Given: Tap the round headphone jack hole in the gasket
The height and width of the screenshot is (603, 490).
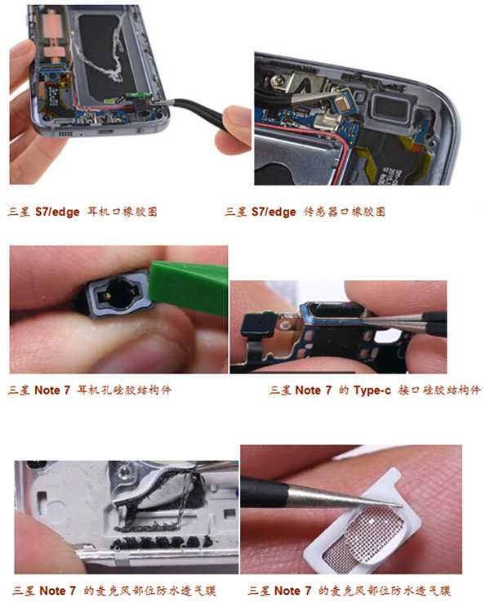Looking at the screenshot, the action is pyautogui.click(x=119, y=293).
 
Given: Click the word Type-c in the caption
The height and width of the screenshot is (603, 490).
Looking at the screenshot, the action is pyautogui.click(x=372, y=391).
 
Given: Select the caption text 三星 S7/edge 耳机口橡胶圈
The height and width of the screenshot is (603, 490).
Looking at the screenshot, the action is pyautogui.click(x=82, y=212).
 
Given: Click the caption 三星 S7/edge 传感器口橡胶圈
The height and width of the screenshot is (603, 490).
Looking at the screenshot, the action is pyautogui.click(x=305, y=212).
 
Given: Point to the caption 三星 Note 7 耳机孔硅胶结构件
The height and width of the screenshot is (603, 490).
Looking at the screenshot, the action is pyautogui.click(x=90, y=391).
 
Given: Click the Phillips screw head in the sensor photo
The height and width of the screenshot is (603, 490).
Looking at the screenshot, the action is pyautogui.click(x=277, y=81).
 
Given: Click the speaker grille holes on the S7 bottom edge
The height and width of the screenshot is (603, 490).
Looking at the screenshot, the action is pyautogui.click(x=65, y=133).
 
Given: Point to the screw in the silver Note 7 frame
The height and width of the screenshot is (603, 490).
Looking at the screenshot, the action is pyautogui.click(x=124, y=471).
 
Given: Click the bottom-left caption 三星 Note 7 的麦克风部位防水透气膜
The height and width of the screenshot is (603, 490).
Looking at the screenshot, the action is pyautogui.click(x=114, y=590).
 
